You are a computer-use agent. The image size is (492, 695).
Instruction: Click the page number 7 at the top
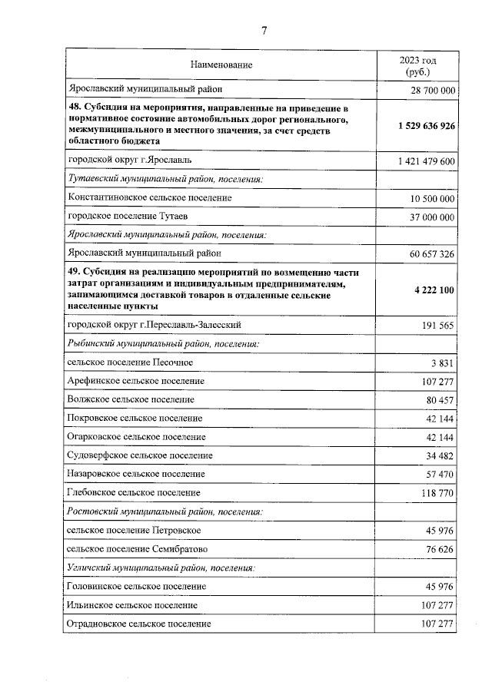tap(264, 31)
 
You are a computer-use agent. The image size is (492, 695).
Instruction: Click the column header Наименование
tap(221, 66)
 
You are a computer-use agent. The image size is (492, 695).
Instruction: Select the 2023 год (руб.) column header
tap(417, 66)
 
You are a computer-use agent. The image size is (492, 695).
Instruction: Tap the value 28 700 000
tap(428, 91)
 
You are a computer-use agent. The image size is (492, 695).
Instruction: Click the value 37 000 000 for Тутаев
tap(428, 217)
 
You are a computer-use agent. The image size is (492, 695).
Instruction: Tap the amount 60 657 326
tap(428, 253)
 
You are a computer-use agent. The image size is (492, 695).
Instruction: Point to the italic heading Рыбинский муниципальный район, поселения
tap(163, 343)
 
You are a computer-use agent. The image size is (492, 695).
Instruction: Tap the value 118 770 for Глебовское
tap(436, 493)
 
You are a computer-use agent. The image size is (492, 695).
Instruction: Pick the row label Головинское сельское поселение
tap(137, 586)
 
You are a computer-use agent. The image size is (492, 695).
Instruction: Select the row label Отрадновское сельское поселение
tap(139, 624)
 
